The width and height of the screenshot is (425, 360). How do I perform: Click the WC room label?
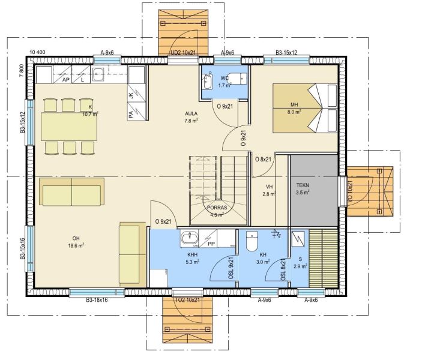click(x=225, y=78)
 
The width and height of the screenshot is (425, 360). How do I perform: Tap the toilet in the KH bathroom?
click(x=252, y=241)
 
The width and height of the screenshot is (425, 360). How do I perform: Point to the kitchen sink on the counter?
click(x=98, y=74)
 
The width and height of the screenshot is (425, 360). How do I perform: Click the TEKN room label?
click(x=303, y=185)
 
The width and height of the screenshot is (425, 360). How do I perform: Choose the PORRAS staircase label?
click(x=217, y=208)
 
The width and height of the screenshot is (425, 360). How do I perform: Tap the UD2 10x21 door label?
click(x=183, y=53)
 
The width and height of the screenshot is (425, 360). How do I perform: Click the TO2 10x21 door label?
click(x=187, y=300)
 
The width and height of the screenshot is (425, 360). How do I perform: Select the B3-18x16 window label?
click(x=97, y=300)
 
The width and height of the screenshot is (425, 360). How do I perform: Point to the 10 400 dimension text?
click(x=37, y=52)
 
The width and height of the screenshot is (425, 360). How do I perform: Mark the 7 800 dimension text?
click(x=22, y=71)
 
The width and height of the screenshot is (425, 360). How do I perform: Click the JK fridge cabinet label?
click(x=131, y=95)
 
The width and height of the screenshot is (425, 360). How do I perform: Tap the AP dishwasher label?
click(x=65, y=80)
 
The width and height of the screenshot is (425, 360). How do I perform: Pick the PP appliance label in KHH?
click(x=211, y=244)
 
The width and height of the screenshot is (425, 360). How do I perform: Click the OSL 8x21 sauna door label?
click(x=283, y=269)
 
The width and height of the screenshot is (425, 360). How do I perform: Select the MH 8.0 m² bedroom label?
click(x=294, y=108)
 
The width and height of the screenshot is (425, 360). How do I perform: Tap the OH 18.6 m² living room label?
click(x=76, y=242)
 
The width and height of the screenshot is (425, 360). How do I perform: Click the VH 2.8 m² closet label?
click(x=269, y=190)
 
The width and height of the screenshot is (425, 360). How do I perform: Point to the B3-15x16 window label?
click(x=23, y=248)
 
